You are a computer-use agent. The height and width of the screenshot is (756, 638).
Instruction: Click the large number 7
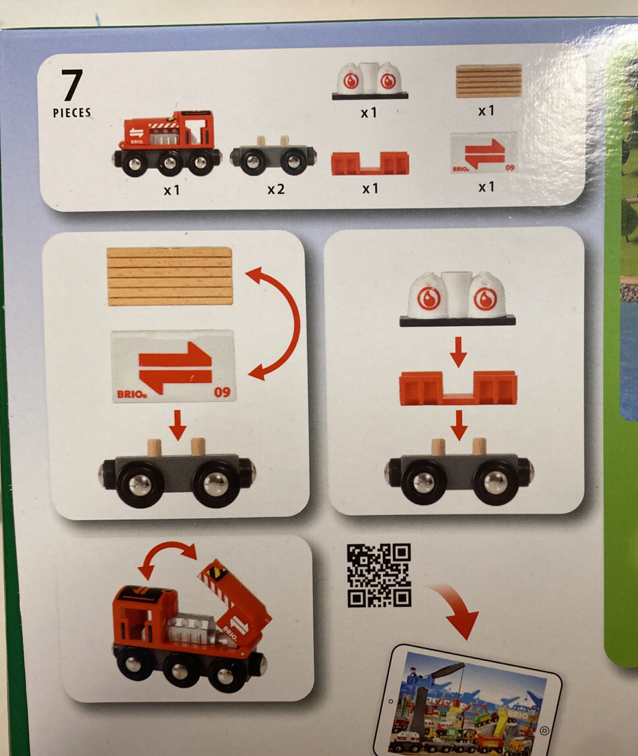pos(72,86)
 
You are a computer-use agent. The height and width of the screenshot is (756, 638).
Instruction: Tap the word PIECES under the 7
pos(72,113)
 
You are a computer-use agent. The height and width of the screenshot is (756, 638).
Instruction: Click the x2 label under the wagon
pos(275,189)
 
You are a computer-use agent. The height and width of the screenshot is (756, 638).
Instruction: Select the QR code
pos(379,575)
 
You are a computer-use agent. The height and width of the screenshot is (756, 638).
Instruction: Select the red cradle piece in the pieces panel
pos(370,163)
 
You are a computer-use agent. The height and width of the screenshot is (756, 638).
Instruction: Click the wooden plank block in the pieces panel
pos(488,81)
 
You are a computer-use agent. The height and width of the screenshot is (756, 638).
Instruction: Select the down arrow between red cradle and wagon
pos(459,425)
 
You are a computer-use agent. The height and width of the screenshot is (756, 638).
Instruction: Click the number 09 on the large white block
pos(222,393)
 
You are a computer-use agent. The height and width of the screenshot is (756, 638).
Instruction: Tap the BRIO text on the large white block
pos(130,394)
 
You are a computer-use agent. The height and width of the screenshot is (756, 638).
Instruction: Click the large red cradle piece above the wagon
pos(458,388)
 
